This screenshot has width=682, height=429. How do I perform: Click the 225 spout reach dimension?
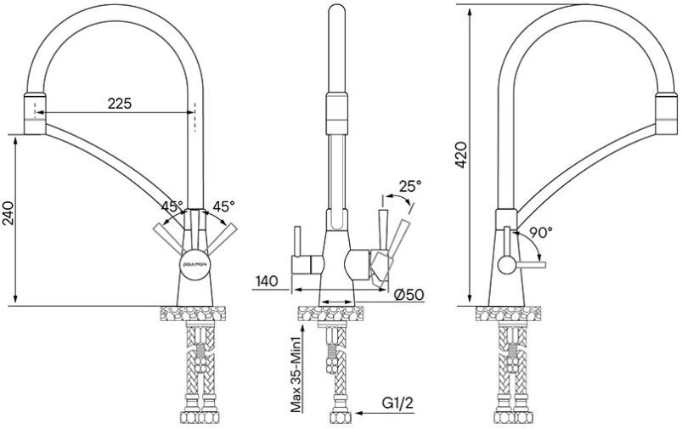(120, 104)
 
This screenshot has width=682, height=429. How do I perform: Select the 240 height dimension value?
(9, 213)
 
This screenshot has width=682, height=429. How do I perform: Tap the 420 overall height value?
(461, 155)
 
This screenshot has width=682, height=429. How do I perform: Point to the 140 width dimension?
(266, 280)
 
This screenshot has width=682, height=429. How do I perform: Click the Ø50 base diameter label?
(409, 295)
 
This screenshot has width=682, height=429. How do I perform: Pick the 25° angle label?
(410, 186)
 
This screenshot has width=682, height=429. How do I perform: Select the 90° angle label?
(541, 232)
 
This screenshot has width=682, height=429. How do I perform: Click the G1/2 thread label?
(397, 404)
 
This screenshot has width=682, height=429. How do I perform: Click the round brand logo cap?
(194, 263)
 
